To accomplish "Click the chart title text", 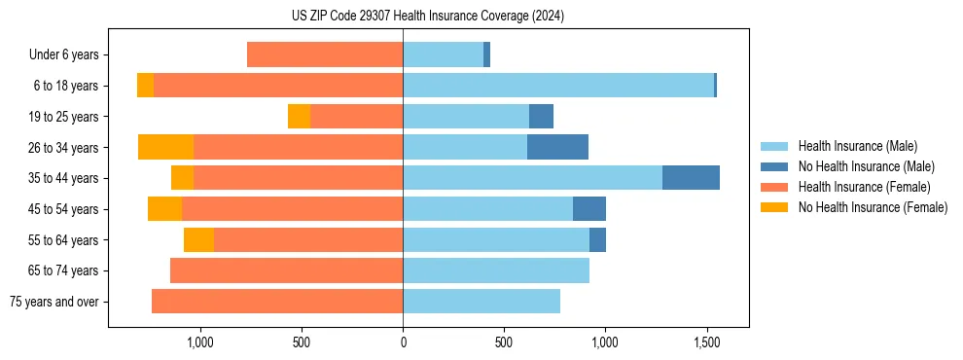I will click(x=427, y=16).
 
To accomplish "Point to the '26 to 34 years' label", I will click(x=64, y=148).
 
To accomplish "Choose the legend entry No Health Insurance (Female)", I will click(x=873, y=207).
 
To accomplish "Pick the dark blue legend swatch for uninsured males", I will click(x=774, y=166).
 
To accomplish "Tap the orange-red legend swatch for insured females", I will click(x=774, y=187).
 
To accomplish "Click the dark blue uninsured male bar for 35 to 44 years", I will click(x=691, y=178).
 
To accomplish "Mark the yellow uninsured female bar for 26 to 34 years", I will click(x=165, y=147).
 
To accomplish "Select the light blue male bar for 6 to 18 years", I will click(x=558, y=86).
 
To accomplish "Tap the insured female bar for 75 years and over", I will click(x=277, y=302).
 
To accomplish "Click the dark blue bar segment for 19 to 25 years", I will click(x=541, y=117).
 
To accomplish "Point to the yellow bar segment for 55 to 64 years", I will click(x=198, y=240).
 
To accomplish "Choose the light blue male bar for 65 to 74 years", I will click(x=496, y=270).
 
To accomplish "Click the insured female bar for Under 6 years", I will click(x=325, y=54).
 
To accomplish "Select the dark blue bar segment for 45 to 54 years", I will click(x=589, y=209).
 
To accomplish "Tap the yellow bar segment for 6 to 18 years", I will click(x=145, y=86).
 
